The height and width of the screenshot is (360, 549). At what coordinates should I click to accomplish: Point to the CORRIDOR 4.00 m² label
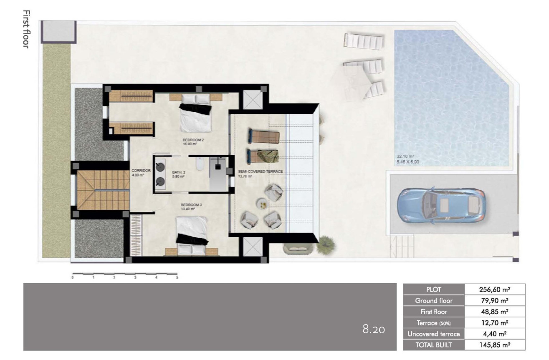(x=138, y=173)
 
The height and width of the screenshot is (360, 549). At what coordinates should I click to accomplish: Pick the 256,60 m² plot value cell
(x=495, y=290)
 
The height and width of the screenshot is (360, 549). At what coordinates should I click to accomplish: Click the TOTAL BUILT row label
(x=434, y=345)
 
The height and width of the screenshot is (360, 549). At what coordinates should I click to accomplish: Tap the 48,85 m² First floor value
(x=495, y=312)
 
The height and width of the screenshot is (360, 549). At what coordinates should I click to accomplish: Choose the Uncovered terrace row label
(x=434, y=334)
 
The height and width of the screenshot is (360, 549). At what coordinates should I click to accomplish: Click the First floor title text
(x=26, y=29)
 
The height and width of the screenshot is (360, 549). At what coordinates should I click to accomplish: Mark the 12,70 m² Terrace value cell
(x=495, y=323)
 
